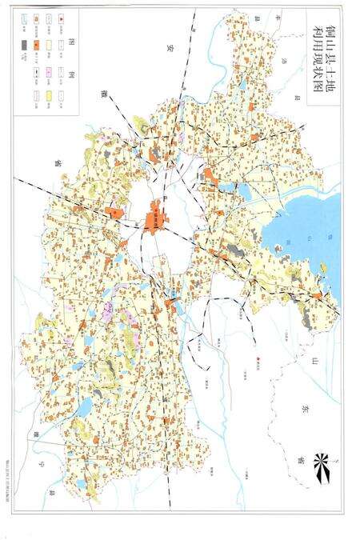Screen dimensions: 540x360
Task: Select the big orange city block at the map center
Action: pyautogui.click(x=155, y=214)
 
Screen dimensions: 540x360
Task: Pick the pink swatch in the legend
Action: pyautogui.click(x=49, y=71)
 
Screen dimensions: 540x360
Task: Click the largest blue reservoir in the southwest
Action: pyautogui.click(x=83, y=408)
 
